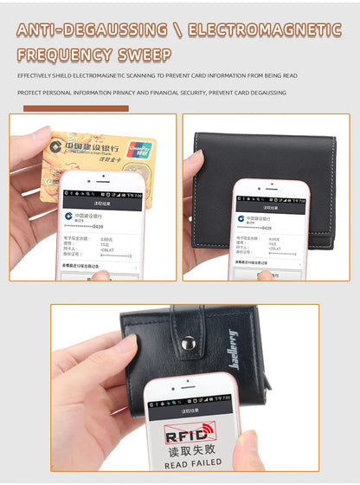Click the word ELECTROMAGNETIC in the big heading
tap(265, 29)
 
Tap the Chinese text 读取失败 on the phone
tap(191, 449)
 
